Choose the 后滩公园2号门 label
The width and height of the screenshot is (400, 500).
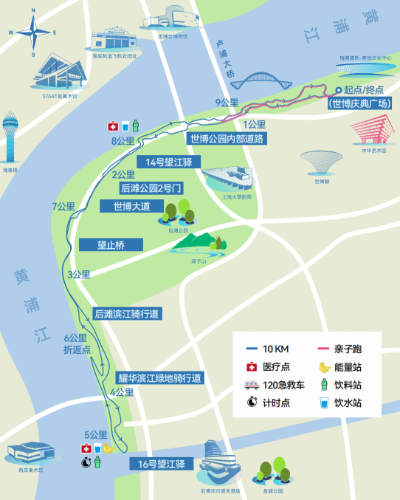[x=151, y=188]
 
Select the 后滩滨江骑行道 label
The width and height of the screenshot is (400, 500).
[x=128, y=314]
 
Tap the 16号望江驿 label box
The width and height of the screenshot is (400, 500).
[x=160, y=465]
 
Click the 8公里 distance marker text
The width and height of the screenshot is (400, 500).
[x=123, y=141]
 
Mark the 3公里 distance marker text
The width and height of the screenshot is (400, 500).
[x=78, y=275]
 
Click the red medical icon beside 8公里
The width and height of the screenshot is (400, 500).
[x=114, y=126]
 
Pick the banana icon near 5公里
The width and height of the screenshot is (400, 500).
[x=108, y=448]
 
